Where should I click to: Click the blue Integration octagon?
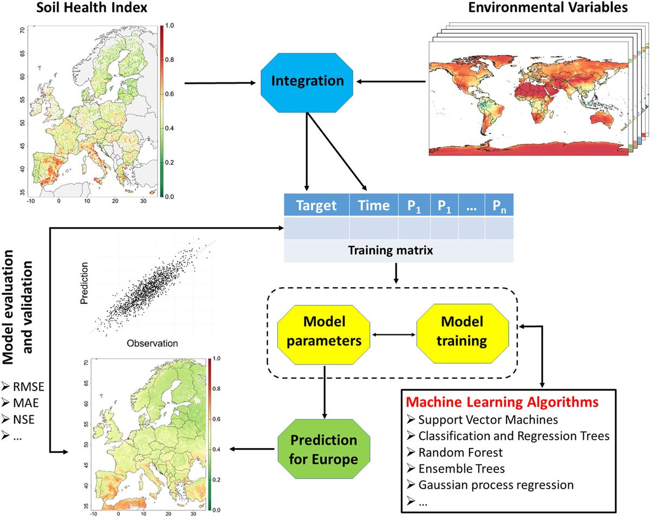point(308,82)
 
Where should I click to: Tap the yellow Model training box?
point(462,333)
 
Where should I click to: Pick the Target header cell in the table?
point(317,205)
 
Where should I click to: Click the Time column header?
point(374,205)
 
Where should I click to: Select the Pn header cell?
point(499,206)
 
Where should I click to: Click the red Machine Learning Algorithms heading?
point(503,403)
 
